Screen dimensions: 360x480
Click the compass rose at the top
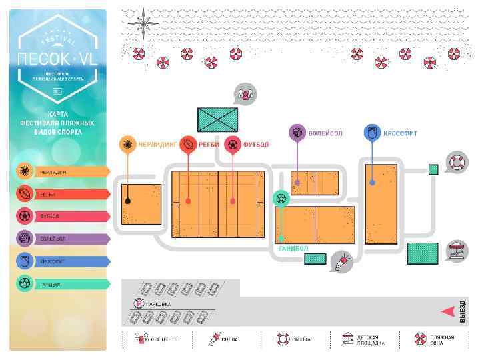tap(141, 23)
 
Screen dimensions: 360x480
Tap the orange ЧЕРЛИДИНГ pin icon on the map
tap(127, 144)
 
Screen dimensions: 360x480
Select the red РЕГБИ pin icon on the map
tap(189, 144)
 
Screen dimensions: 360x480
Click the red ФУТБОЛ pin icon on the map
tap(233, 144)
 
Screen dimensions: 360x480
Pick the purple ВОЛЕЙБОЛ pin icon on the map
tap(297, 133)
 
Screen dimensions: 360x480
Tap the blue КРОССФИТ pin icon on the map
tap(372, 133)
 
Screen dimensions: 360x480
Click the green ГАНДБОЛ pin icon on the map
tap(281, 198)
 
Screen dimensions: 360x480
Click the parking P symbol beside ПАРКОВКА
tap(139, 304)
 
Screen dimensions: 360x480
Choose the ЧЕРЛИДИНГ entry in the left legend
tap(61, 171)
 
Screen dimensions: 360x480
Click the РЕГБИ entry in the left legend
tap(61, 194)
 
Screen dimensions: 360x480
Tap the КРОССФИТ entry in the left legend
tap(61, 261)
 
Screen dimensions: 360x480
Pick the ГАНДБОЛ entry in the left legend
tap(61, 283)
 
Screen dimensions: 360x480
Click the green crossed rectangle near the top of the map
tap(217, 119)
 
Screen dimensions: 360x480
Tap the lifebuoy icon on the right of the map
tap(457, 162)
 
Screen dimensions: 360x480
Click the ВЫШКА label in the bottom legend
tap(301, 339)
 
